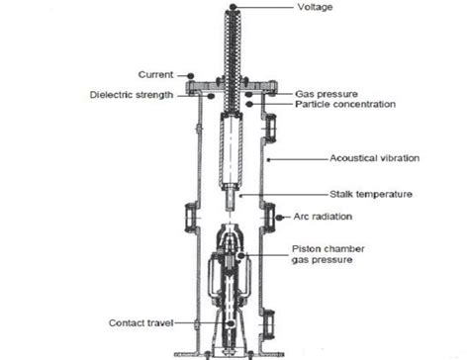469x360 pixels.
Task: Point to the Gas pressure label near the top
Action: (322, 92)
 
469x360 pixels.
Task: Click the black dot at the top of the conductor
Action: (234, 7)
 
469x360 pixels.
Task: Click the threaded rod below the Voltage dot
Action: (234, 49)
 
